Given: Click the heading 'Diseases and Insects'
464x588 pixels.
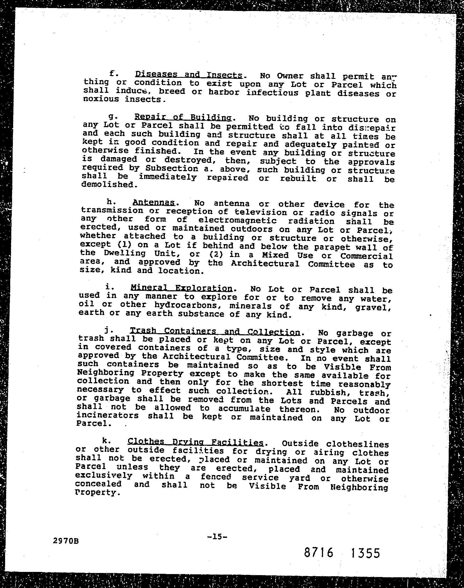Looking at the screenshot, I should click(x=189, y=74).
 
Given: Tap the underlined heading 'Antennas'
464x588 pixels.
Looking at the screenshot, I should click(x=154, y=202).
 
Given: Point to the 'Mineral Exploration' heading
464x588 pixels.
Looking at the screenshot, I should click(x=181, y=288).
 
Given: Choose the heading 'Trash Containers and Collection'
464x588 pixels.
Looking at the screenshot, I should click(x=215, y=331).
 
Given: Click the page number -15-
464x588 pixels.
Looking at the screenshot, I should click(x=216, y=529).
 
